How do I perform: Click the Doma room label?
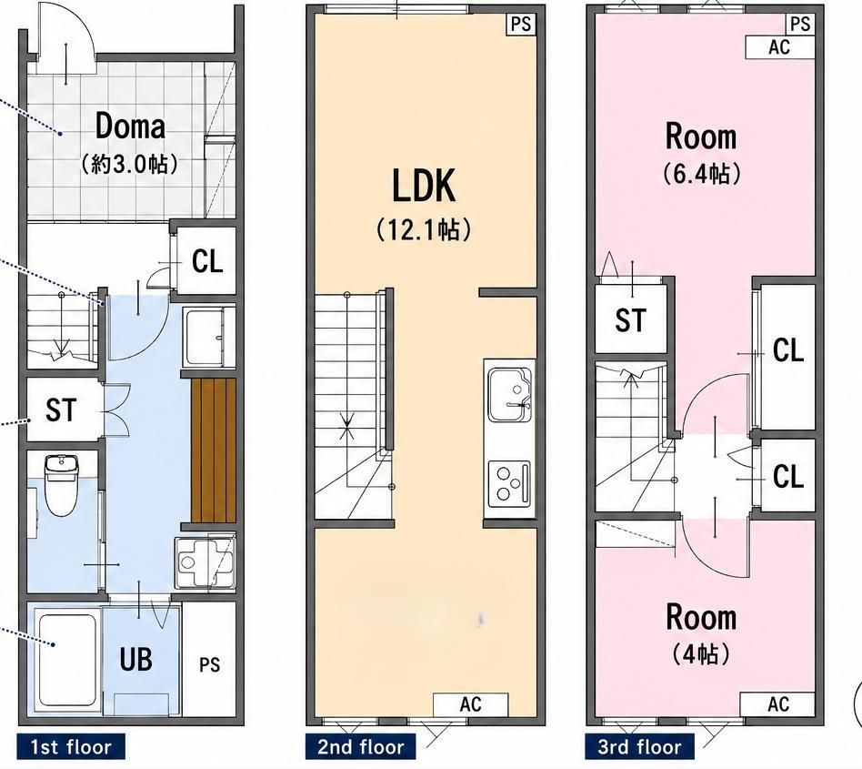[130, 126]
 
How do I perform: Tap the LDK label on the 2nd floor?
[424, 186]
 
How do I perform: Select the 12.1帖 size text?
[424, 229]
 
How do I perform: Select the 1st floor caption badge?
[71, 747]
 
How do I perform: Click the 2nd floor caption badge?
[361, 747]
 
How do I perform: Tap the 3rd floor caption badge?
[639, 747]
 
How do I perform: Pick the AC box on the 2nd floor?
[471, 704]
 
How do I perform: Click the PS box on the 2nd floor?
[521, 25]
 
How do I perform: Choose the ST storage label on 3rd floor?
[630, 319]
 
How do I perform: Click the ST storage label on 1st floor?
[61, 410]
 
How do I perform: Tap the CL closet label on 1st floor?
[207, 262]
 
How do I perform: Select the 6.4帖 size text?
[701, 174]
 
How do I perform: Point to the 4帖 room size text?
[700, 654]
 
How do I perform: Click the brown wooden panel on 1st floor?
[214, 450]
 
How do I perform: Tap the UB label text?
[135, 659]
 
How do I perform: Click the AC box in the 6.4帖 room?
[779, 46]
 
